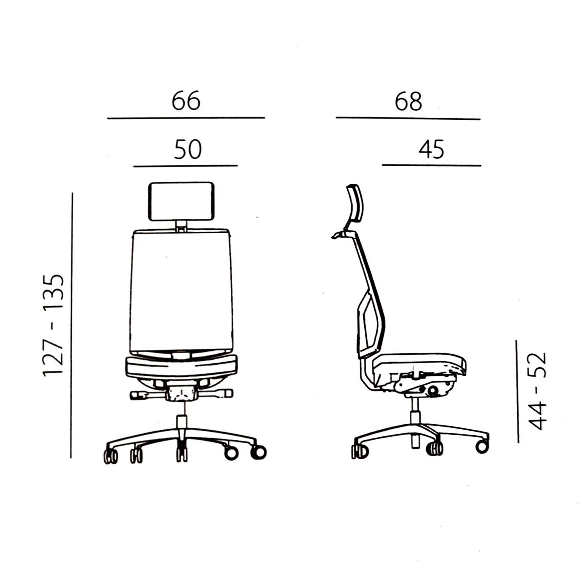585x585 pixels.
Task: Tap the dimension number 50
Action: (188, 149)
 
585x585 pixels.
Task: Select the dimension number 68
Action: (408, 101)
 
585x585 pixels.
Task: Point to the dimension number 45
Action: (431, 149)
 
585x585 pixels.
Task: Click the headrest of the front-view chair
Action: (181, 202)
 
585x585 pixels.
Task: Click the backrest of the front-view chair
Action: (181, 291)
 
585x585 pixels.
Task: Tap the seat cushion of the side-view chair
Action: (419, 362)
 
